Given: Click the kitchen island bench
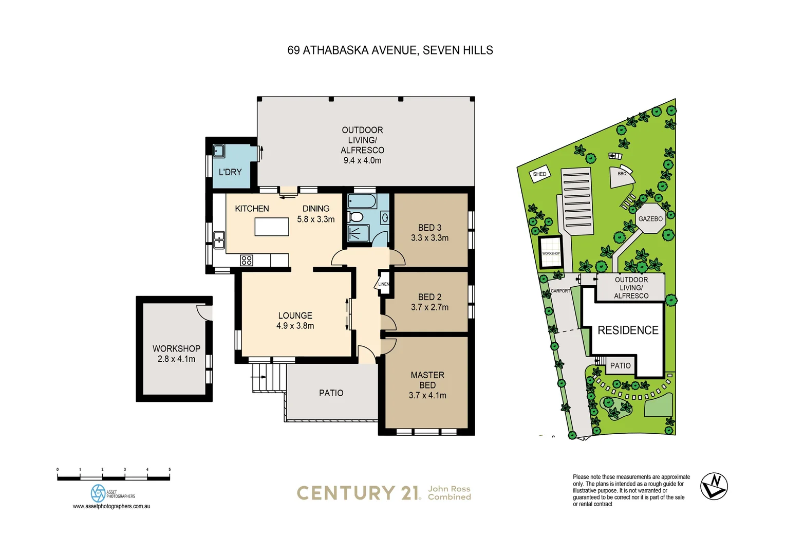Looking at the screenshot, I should point(271,227).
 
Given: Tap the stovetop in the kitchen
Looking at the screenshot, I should point(247,261).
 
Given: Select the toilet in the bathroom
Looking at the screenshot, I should point(356,217).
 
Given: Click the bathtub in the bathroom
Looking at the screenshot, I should point(362,200).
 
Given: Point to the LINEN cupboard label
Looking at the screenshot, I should point(384,284).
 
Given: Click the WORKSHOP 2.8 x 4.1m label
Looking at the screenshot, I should point(176,354).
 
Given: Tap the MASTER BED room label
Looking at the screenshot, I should point(427,380).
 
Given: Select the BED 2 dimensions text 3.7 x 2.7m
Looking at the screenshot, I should point(429,307).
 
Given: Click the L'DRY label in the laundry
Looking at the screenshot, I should point(230,172).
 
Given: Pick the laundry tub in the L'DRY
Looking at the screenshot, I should point(219,151).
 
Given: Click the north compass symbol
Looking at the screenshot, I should point(714,486).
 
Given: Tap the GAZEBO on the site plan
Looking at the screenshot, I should point(650,219).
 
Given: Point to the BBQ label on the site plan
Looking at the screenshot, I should point(622,174).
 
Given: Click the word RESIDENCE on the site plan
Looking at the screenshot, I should point(628,330).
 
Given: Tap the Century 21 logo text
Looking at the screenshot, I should point(358,493).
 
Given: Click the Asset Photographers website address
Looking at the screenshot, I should point(111,506).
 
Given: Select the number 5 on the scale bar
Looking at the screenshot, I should point(170,470).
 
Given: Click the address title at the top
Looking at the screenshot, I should point(390,50).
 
